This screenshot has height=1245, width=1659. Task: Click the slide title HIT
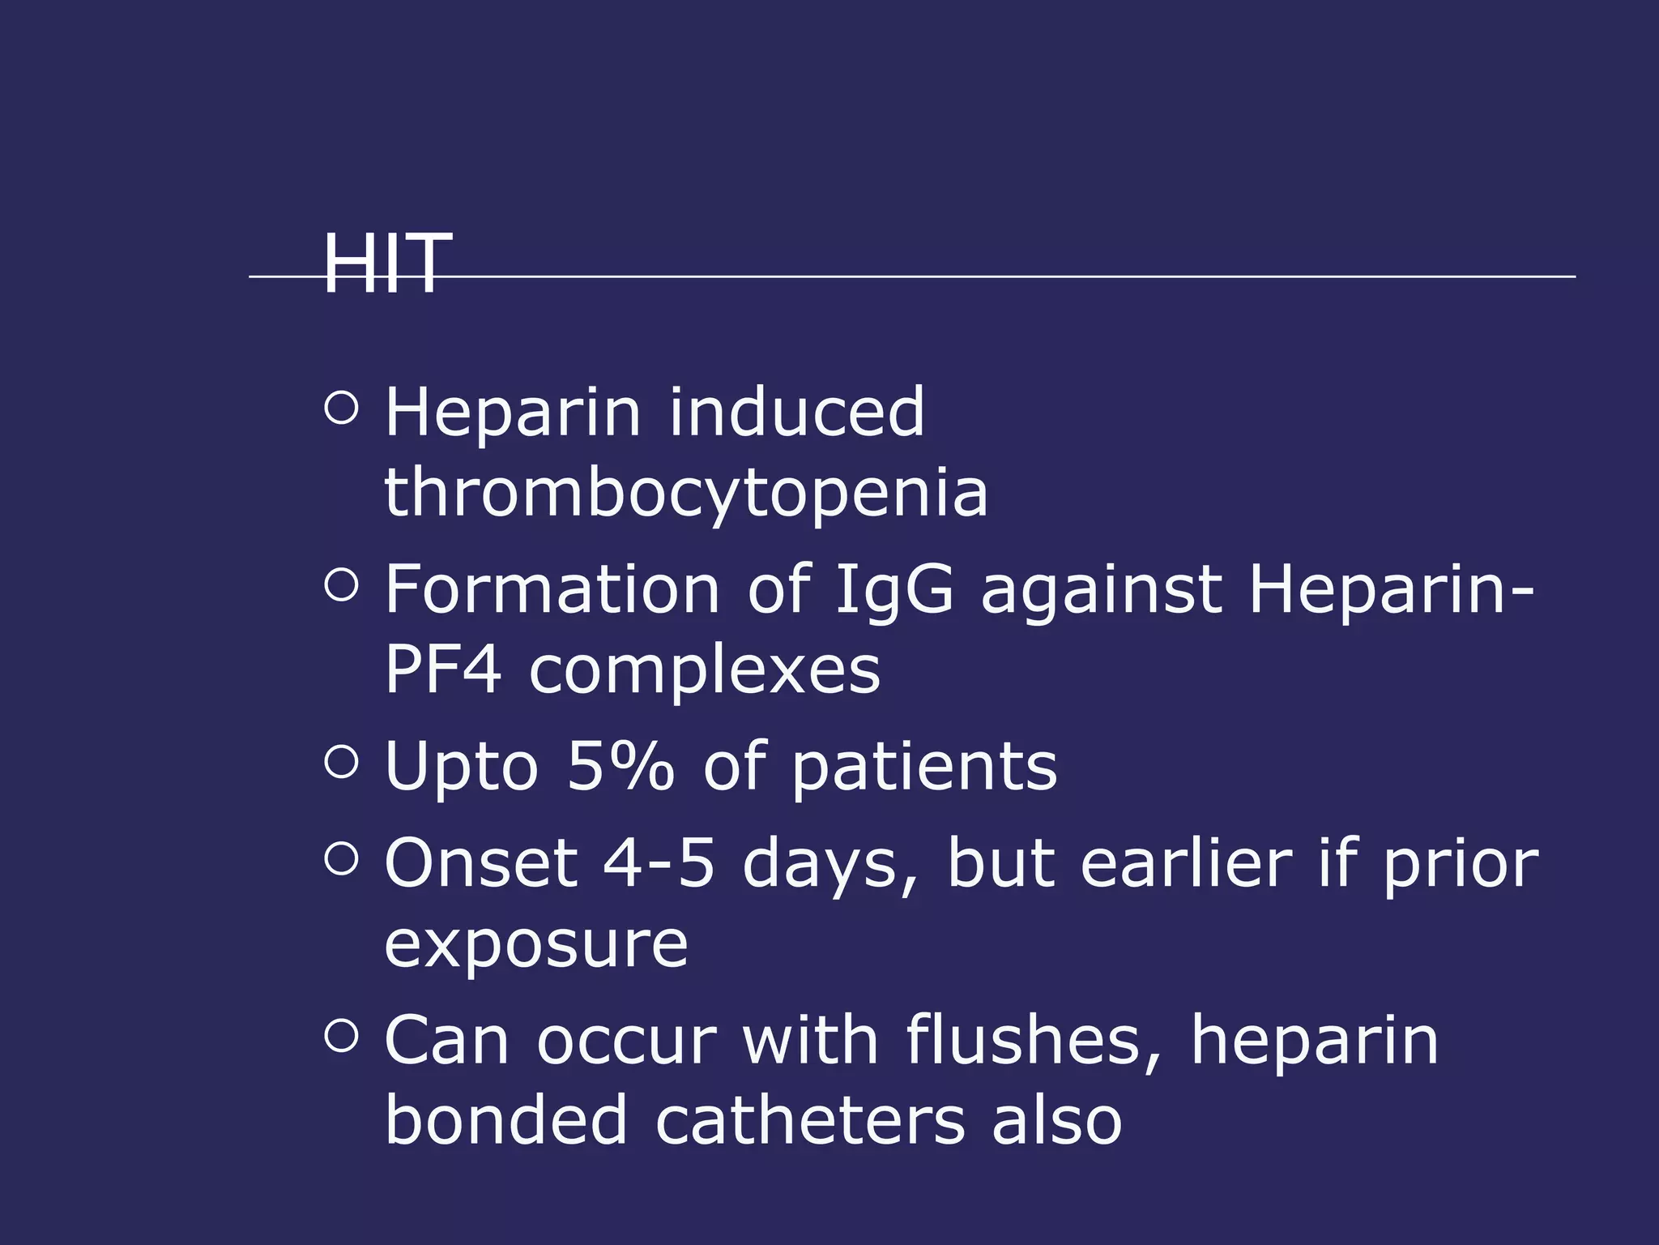coord(386,263)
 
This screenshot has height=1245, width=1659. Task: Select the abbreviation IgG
coord(893,589)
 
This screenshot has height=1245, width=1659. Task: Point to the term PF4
coord(442,670)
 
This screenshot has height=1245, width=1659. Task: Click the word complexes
coord(705,670)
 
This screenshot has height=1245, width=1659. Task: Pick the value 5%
coord(620,766)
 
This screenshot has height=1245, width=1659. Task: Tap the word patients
coord(924,768)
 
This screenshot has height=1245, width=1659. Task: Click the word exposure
coord(536,944)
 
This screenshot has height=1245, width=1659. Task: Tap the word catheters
coord(810,1120)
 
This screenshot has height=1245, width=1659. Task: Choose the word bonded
coord(506,1120)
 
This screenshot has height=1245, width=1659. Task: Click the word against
coord(1102,591)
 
